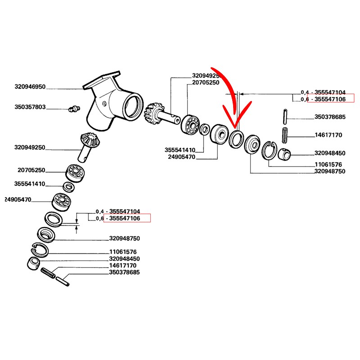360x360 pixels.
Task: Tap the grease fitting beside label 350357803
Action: tap(72, 108)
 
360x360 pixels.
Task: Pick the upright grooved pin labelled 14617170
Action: tap(284, 134)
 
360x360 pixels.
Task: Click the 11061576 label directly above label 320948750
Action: tap(123, 252)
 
